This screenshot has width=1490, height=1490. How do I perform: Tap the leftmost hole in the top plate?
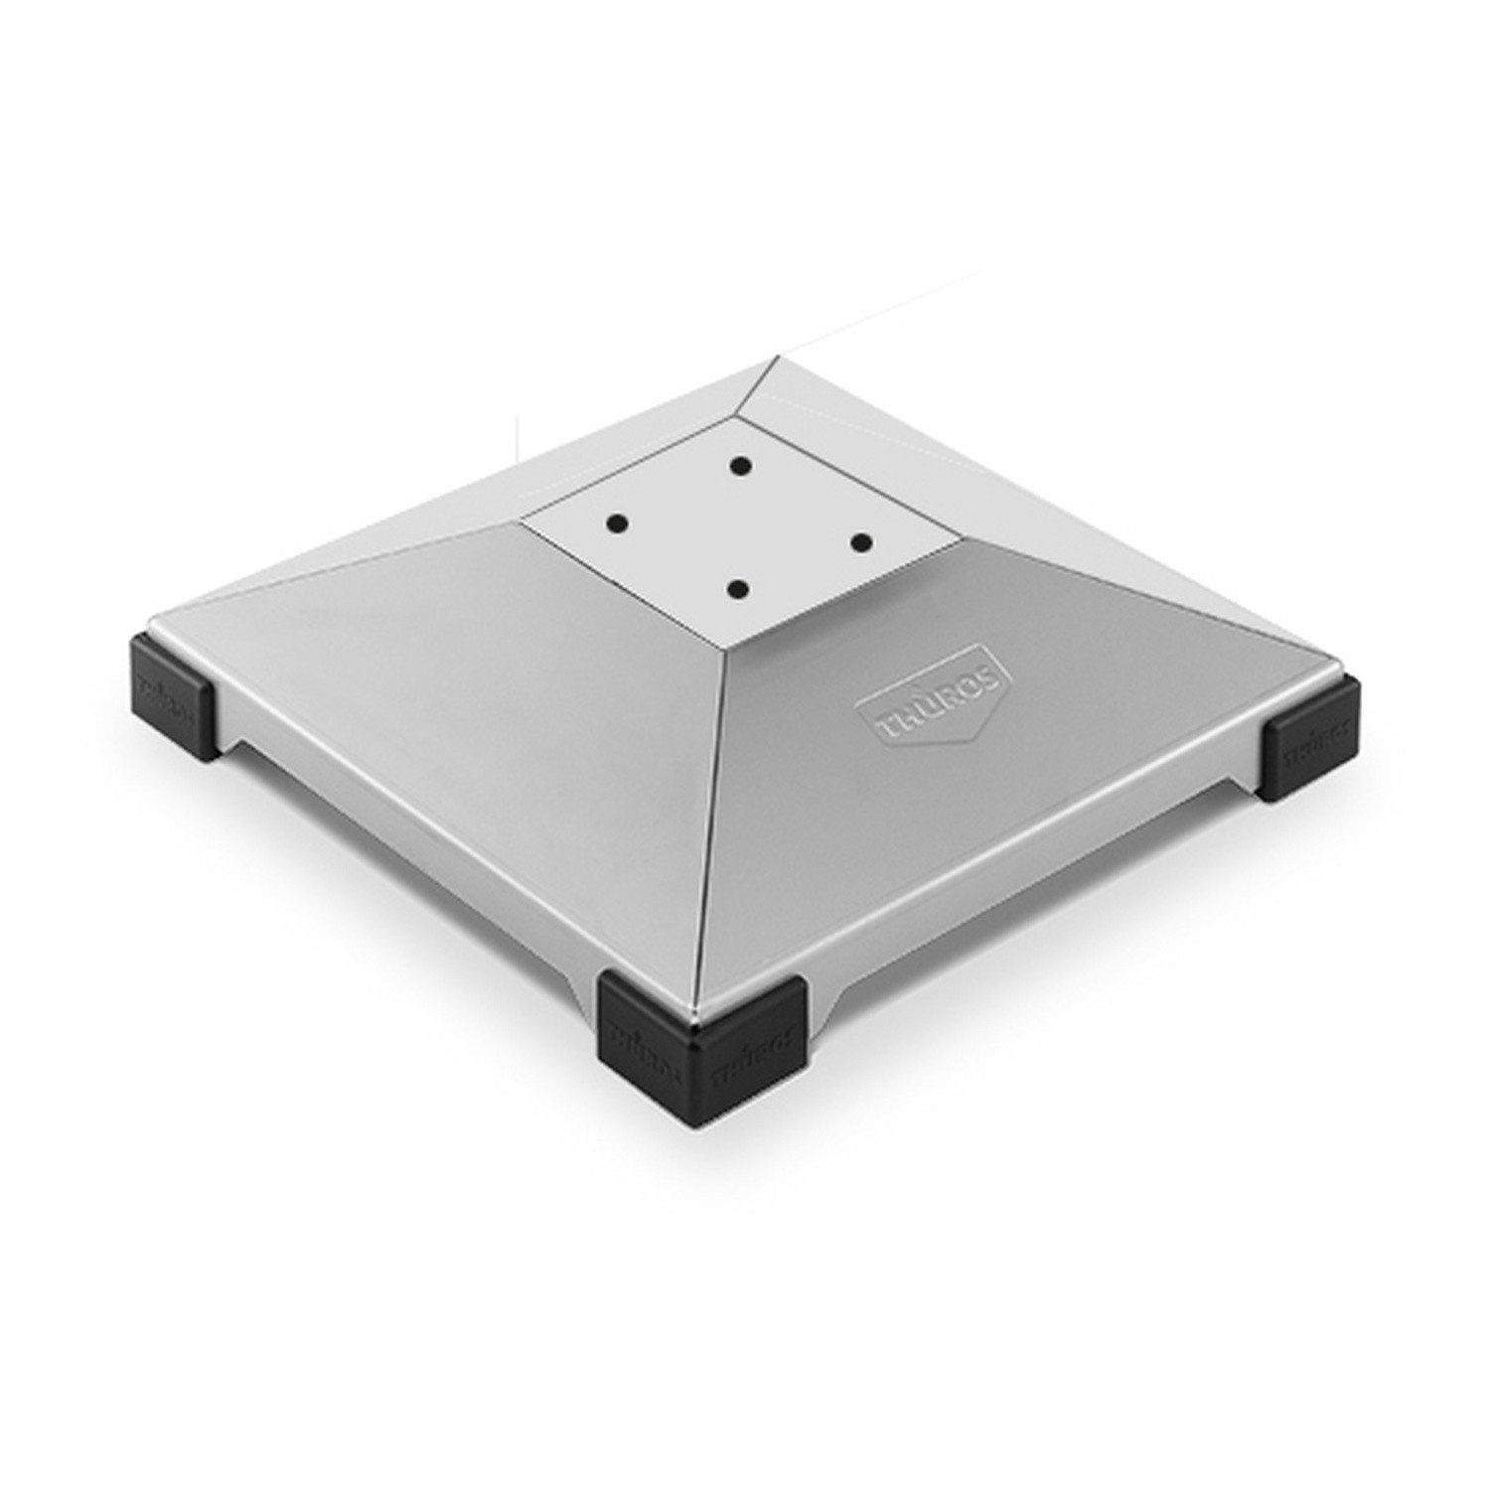click(617, 521)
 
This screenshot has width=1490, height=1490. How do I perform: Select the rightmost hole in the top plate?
click(860, 541)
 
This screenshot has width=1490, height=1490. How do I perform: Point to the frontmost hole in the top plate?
click(737, 589)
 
